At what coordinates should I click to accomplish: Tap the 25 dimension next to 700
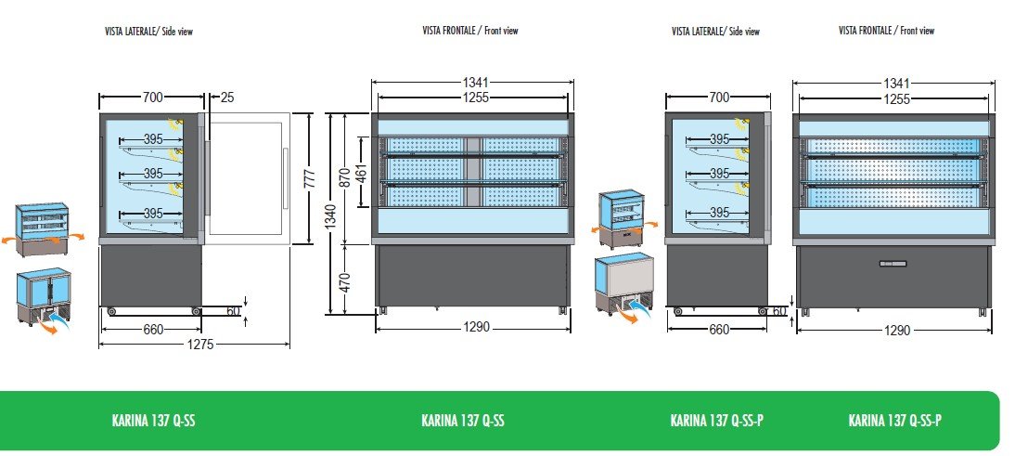click(x=228, y=97)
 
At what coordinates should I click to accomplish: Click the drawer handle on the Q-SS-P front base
click(x=893, y=264)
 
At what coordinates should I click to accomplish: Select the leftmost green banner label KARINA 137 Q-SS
click(x=153, y=421)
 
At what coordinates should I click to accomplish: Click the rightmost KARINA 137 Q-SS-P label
click(x=894, y=421)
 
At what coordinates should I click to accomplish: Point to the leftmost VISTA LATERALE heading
click(x=148, y=32)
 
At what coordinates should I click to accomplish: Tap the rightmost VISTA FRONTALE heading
click(x=886, y=31)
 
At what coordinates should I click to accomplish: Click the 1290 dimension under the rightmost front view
click(x=897, y=330)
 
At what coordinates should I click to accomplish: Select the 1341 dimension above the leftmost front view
click(x=473, y=83)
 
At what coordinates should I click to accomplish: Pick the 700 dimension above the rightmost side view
click(x=719, y=97)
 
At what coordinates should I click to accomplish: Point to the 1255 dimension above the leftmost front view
click(x=473, y=98)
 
